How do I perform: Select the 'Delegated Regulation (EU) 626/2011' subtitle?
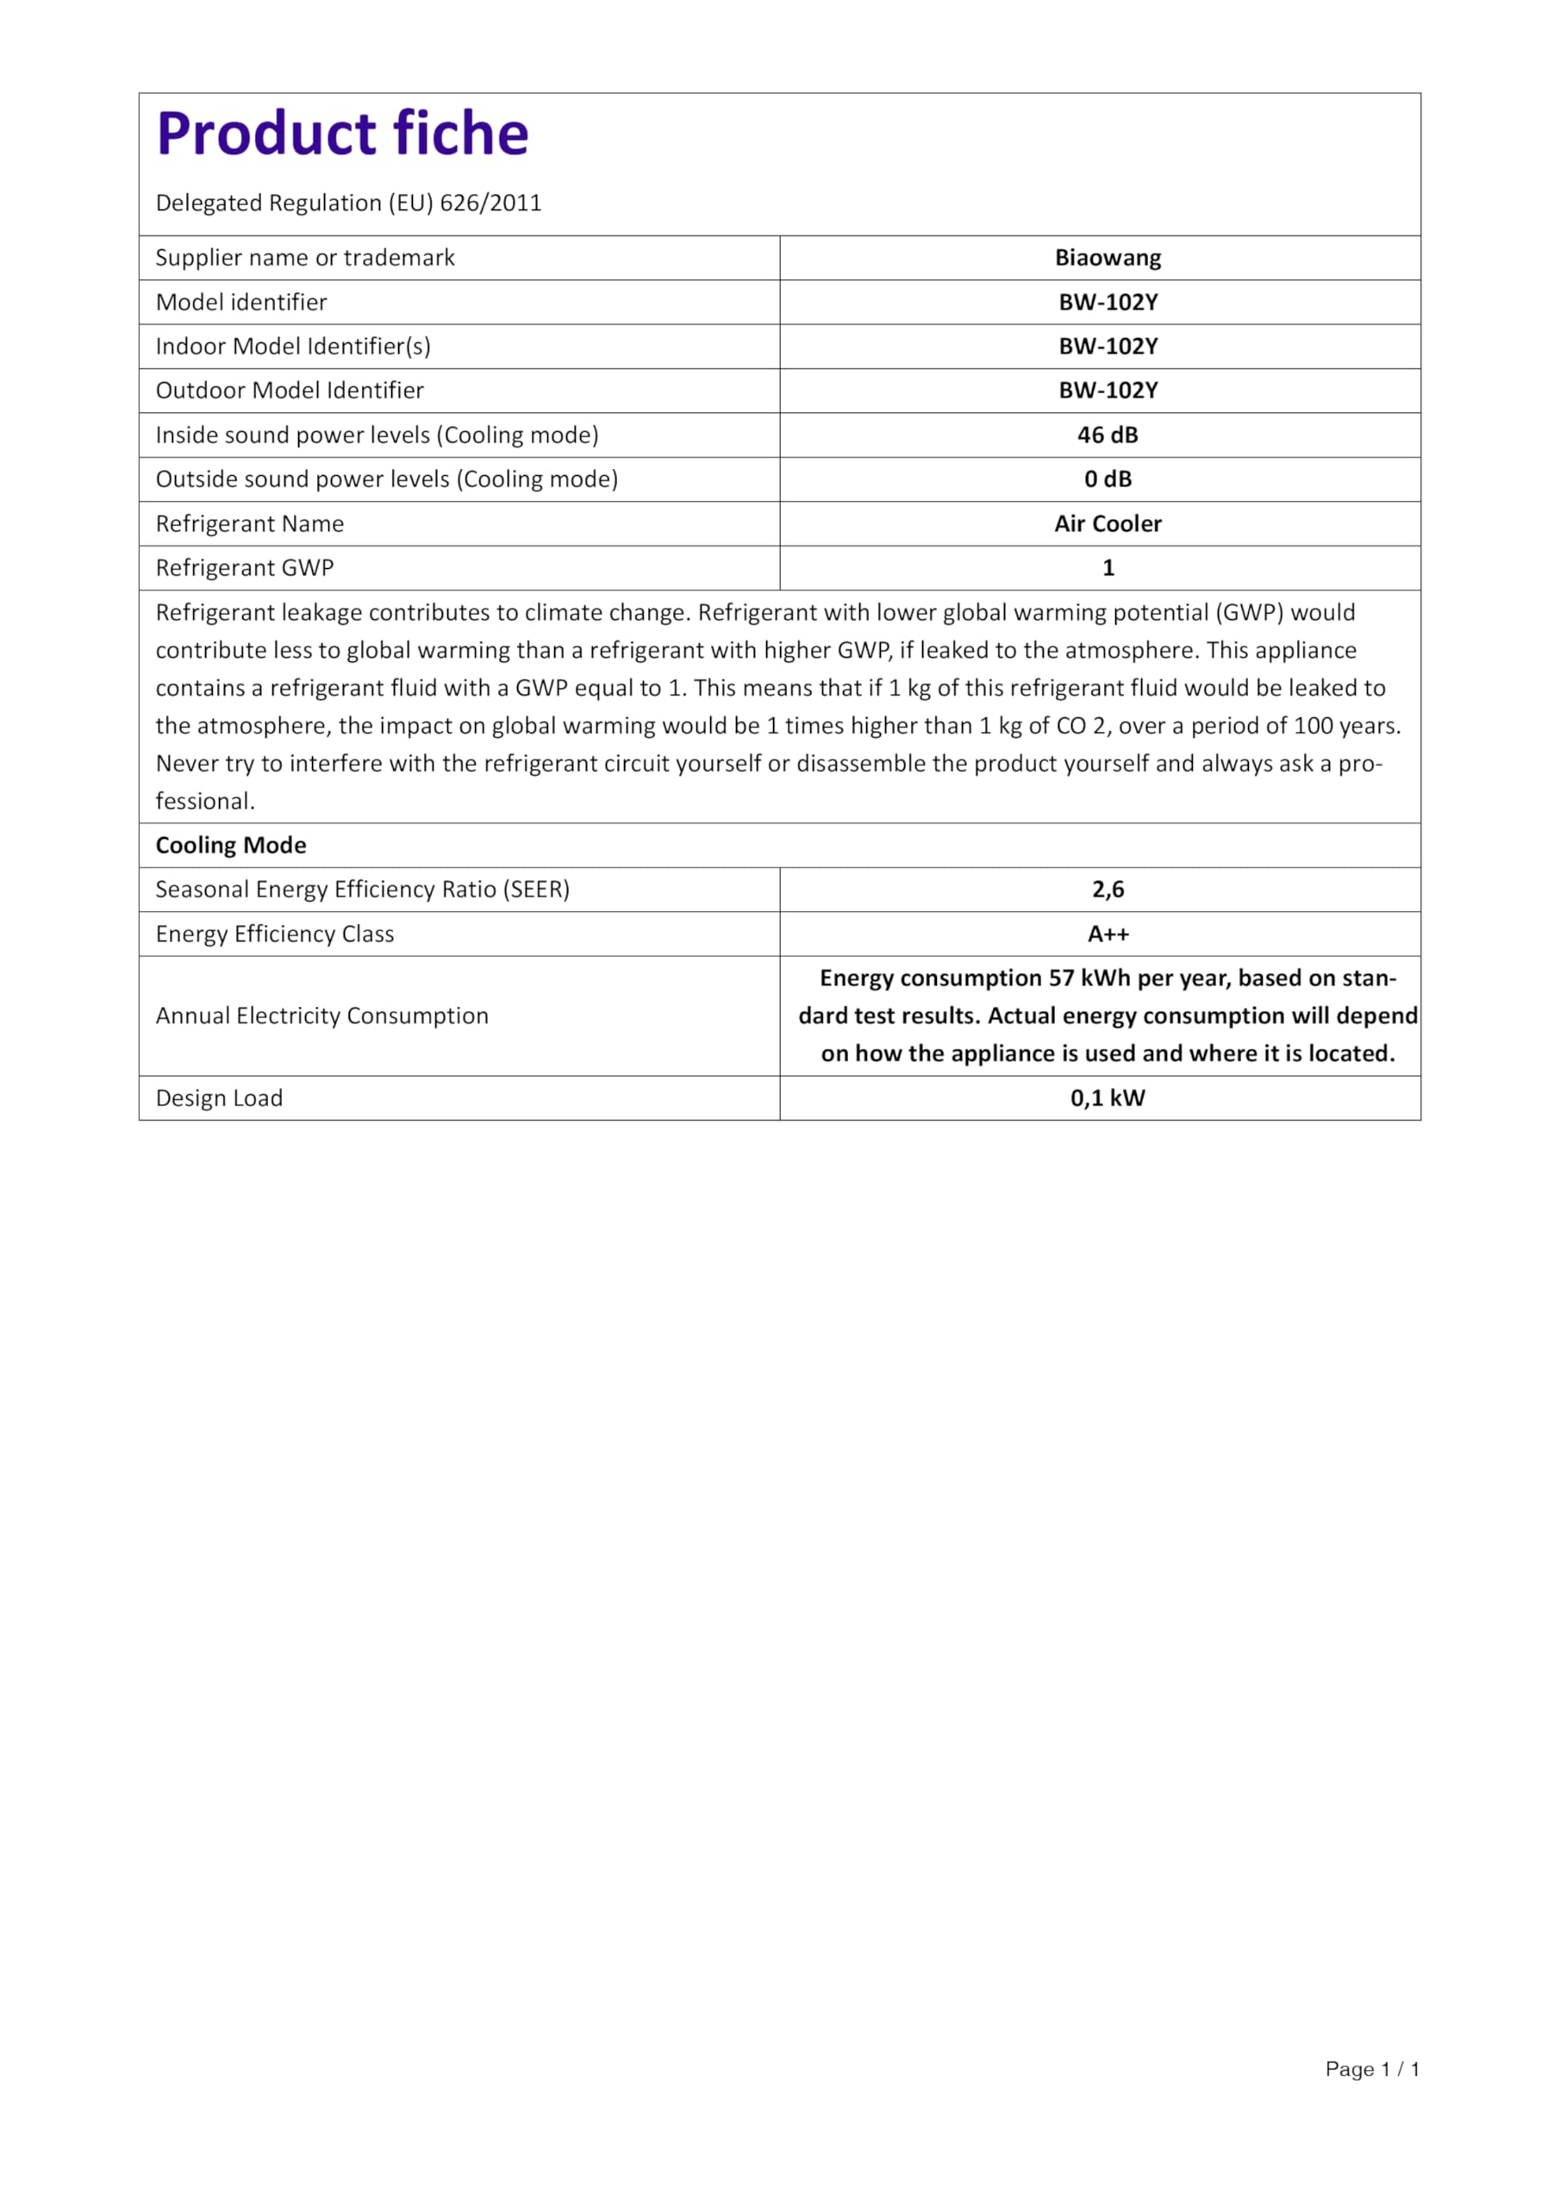(x=348, y=203)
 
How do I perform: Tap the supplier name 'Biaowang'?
(x=1108, y=258)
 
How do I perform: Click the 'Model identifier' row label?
(x=241, y=302)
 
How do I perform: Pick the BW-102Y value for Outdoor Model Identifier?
(x=1108, y=391)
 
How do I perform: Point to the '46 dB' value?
(x=1108, y=435)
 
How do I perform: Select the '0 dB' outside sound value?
(x=1108, y=478)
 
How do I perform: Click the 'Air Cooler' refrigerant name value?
(x=1108, y=523)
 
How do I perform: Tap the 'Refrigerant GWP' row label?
(x=244, y=567)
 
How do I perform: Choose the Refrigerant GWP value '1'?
(x=1108, y=567)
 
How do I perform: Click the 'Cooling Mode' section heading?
(x=231, y=845)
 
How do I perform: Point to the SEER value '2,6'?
(x=1108, y=889)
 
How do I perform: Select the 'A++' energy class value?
(x=1108, y=934)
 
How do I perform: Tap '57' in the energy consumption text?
(x=1060, y=978)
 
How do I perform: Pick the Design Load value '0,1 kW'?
(x=1108, y=1097)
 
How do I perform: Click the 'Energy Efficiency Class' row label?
(x=275, y=934)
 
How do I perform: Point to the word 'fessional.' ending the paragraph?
(x=205, y=801)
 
